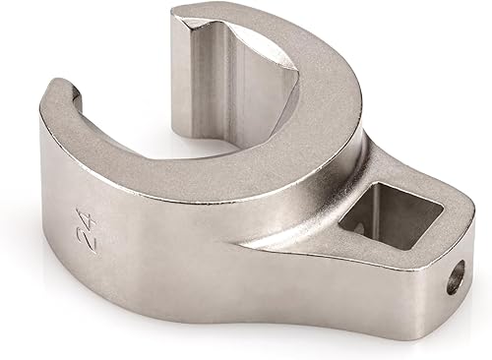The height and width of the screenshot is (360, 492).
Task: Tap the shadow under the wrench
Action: [x=246, y=339]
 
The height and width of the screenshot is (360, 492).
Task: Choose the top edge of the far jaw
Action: [x=226, y=14]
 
